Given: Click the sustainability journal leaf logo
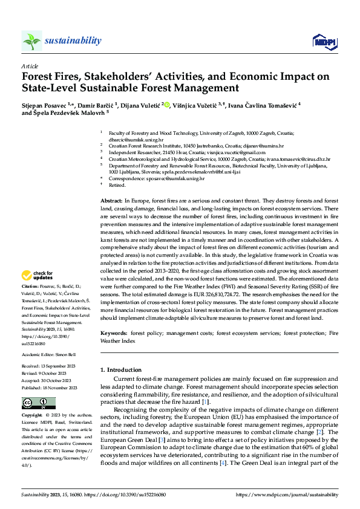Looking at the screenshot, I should point(31,41).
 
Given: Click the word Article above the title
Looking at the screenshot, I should point(30,65).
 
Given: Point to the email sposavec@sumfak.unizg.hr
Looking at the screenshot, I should point(178,178).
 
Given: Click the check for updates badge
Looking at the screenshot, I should point(39,276).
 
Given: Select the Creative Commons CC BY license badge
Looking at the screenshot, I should point(39,403).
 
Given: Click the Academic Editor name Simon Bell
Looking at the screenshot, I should point(65,355).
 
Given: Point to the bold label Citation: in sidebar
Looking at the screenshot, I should point(30,285).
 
